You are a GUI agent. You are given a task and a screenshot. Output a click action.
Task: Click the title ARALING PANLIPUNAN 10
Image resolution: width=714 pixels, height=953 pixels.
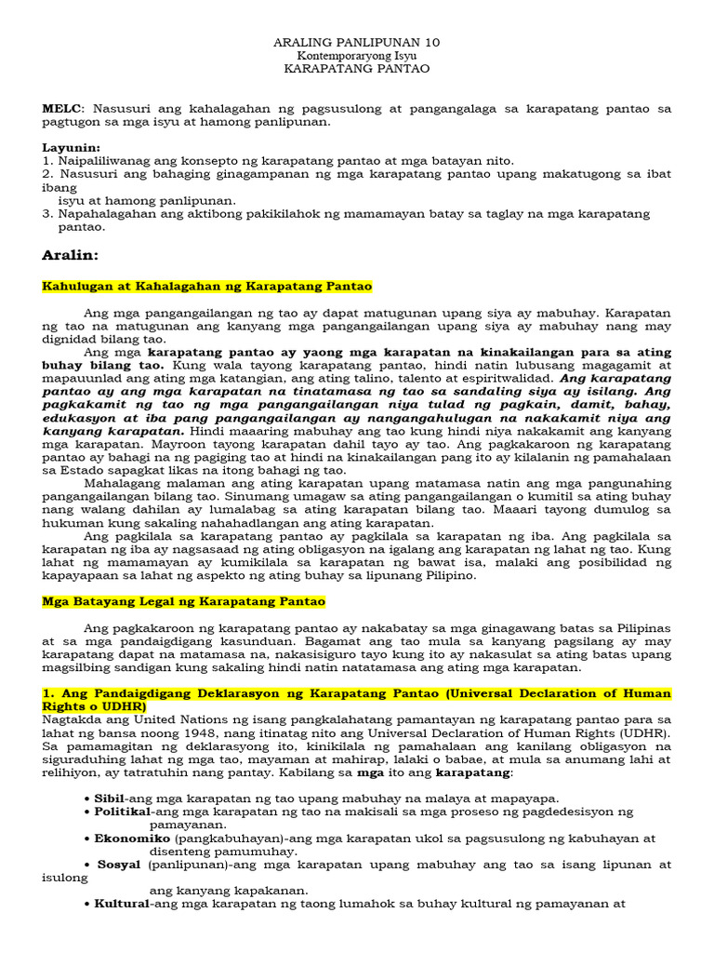357,43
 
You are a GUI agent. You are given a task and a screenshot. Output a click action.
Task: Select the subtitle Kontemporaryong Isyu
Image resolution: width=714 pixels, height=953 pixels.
357,56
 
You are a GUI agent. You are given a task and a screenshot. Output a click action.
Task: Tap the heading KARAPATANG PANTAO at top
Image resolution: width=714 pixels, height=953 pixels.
357,69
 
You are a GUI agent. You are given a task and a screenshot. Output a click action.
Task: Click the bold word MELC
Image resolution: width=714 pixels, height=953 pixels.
60,109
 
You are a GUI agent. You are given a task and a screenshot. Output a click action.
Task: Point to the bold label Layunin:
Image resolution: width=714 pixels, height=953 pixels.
72,148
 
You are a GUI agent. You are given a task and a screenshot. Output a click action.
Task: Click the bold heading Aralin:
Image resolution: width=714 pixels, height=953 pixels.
71,255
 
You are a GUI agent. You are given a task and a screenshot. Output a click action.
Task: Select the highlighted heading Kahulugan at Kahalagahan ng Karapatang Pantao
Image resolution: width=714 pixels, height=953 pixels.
207,287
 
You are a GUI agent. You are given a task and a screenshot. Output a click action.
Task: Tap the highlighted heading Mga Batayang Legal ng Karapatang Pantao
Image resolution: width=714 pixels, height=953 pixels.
184,602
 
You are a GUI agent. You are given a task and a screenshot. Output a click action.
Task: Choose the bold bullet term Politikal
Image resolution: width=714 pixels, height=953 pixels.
122,812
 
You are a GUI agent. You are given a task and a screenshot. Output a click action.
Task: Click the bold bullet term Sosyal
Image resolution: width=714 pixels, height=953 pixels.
119,864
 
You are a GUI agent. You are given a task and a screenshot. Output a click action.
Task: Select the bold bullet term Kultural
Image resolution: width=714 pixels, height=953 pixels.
122,903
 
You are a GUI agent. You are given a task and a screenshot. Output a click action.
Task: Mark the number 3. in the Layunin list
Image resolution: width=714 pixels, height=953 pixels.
47,213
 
